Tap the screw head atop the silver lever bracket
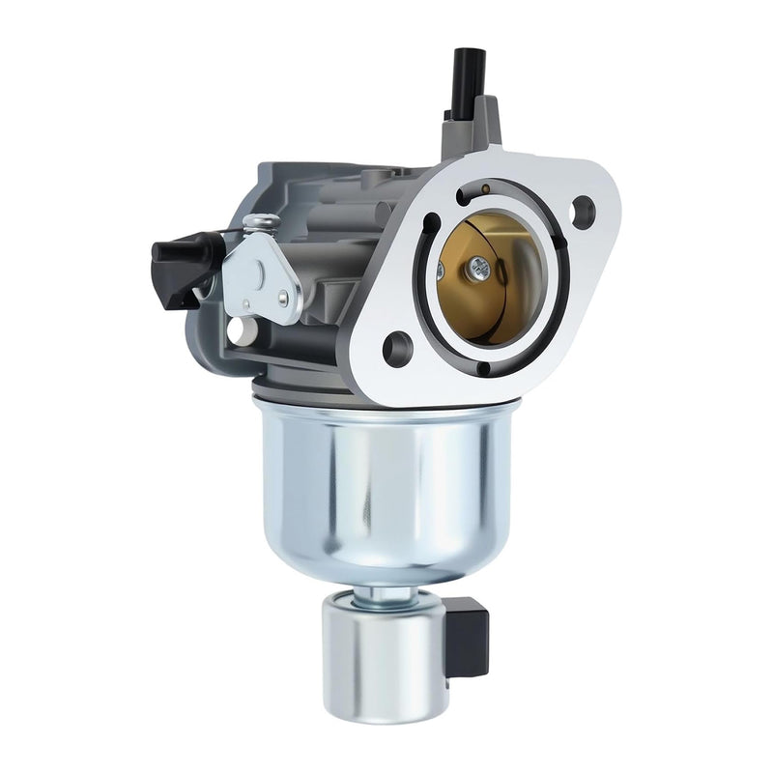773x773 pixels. (x=253, y=225)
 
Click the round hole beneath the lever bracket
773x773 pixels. (x=234, y=334)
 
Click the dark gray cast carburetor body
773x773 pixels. (x=329, y=251)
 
